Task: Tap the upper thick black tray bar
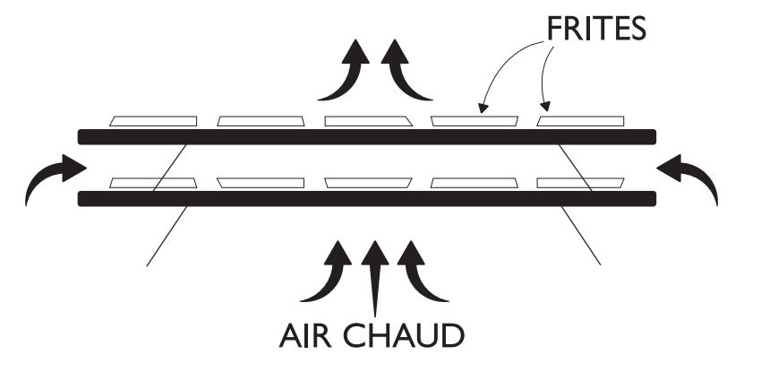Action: click(367, 136)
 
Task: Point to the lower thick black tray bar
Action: click(367, 198)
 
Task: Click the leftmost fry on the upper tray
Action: click(153, 121)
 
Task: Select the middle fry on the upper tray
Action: click(367, 121)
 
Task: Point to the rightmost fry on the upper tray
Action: click(580, 121)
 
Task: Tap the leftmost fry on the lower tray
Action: click(153, 183)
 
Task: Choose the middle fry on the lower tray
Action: click(367, 183)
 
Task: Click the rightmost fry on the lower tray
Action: click(580, 183)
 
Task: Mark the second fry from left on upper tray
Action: click(261, 121)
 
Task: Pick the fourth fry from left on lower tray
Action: click(474, 183)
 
